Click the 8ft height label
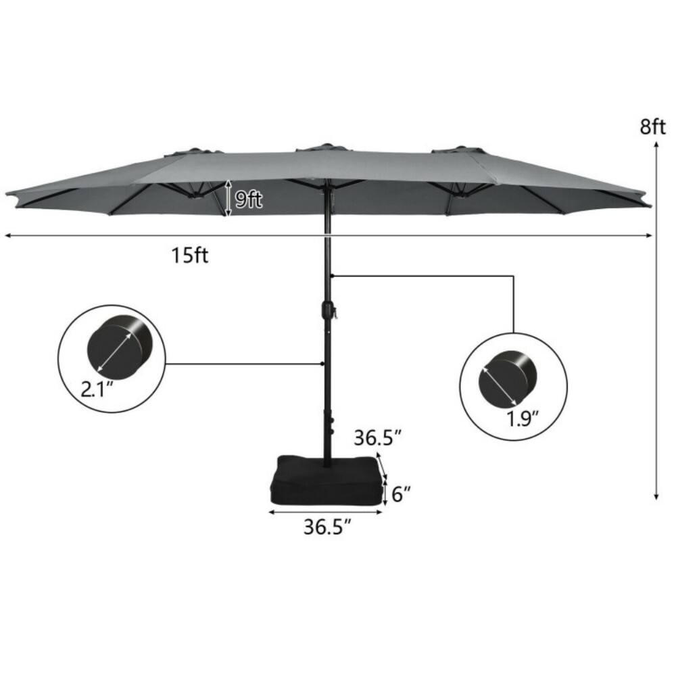point(653,126)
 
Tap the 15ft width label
point(190,257)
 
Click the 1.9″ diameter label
point(523,418)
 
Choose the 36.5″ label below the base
point(327,527)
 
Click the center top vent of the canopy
point(325,147)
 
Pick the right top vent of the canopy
point(459,149)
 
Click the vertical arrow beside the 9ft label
point(228,198)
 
